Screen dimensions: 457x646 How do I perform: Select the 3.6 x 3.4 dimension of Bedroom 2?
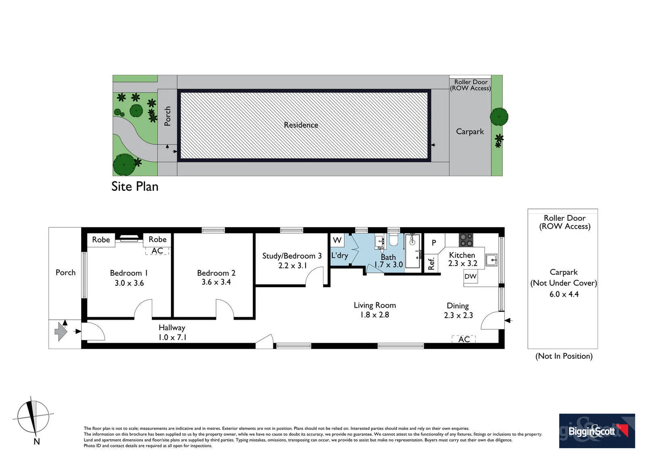[x=216, y=282]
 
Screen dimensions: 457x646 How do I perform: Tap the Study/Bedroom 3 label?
[x=292, y=256]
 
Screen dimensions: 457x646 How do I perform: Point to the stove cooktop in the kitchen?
[x=466, y=240]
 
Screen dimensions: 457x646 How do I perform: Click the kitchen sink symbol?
[x=491, y=260]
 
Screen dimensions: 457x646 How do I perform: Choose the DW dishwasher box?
[x=471, y=276]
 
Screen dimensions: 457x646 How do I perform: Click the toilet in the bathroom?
[x=393, y=240]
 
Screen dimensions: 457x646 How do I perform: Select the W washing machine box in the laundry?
[x=337, y=240]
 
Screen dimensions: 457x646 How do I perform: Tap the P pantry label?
[x=434, y=243]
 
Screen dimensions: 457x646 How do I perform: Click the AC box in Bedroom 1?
[x=157, y=251]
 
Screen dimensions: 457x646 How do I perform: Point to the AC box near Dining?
[x=464, y=339]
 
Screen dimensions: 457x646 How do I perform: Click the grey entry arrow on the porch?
[x=61, y=331]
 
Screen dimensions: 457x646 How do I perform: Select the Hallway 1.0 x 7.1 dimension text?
[x=172, y=337]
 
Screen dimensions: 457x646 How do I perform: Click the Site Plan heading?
[x=135, y=187]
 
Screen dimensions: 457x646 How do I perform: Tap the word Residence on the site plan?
[x=301, y=125]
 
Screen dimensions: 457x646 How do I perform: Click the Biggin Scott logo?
[x=597, y=431]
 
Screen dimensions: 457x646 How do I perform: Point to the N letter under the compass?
[x=37, y=441]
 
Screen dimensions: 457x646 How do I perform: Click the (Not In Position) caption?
[x=564, y=356]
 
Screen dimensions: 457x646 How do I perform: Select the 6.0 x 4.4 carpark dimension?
[x=564, y=294]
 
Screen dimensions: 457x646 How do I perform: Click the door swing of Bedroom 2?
[x=225, y=308]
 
